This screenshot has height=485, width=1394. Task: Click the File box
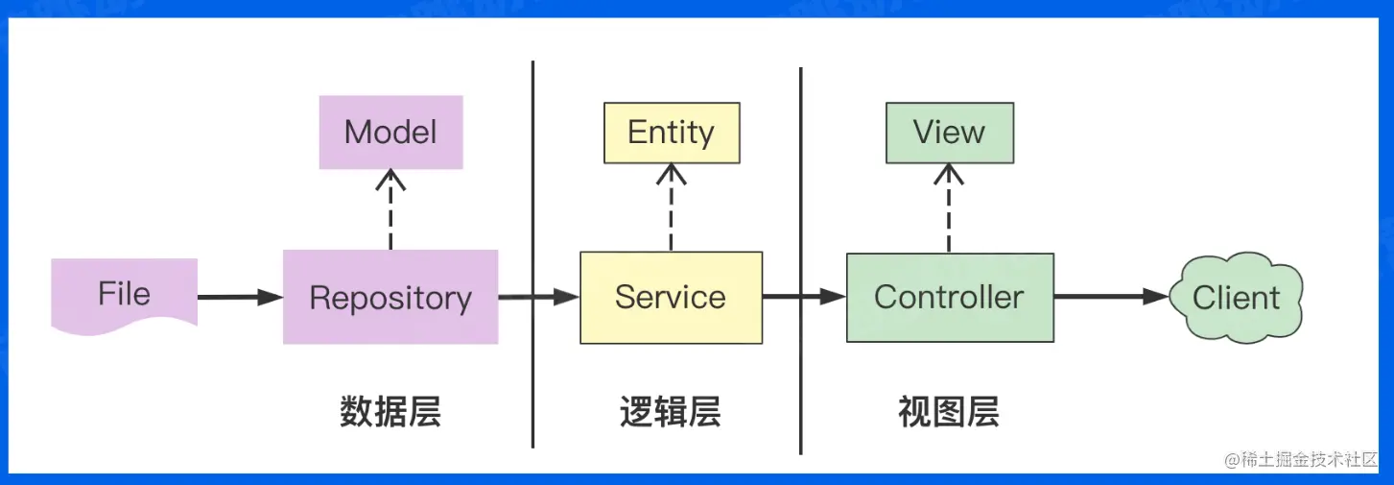click(x=124, y=293)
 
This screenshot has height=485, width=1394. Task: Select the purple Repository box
click(x=390, y=297)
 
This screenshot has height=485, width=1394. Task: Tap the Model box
click(x=390, y=133)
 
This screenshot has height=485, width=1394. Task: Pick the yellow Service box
click(x=671, y=297)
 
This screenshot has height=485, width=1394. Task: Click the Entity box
click(x=671, y=133)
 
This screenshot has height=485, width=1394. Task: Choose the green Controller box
click(x=949, y=297)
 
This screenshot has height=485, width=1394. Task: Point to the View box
click(x=949, y=133)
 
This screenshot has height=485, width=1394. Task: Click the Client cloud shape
click(x=1236, y=297)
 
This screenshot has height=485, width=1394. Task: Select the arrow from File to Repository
click(x=240, y=298)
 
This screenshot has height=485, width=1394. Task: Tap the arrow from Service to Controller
click(x=804, y=298)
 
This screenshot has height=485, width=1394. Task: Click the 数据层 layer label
click(x=390, y=412)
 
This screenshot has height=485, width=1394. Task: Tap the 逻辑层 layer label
click(x=670, y=412)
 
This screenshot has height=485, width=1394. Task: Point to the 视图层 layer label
click(x=948, y=412)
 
